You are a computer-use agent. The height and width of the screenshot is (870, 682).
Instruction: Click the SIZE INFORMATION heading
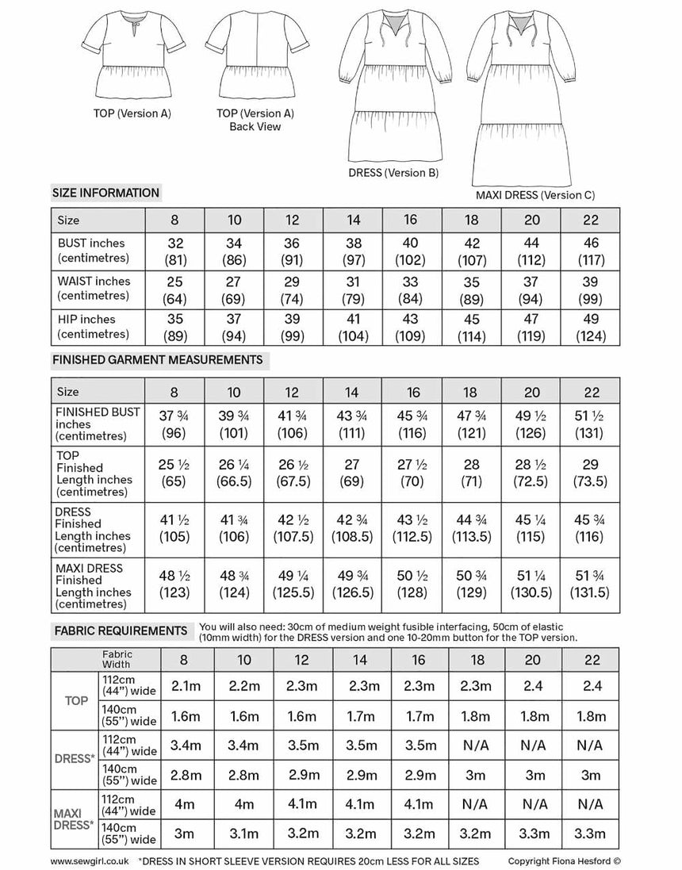pyautogui.click(x=105, y=193)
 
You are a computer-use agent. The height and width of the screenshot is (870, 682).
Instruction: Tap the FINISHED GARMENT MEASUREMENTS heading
pyautogui.click(x=157, y=360)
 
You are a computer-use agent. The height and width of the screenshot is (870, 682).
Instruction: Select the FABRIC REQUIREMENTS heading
pyautogui.click(x=119, y=630)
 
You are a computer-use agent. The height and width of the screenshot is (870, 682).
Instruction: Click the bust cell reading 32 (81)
pyautogui.click(x=174, y=250)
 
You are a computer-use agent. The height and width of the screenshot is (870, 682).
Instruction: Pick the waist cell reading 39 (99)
pyautogui.click(x=590, y=288)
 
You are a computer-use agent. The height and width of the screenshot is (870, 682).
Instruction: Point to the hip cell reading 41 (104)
pyautogui.click(x=353, y=327)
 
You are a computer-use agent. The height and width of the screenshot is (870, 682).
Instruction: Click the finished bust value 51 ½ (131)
pyautogui.click(x=590, y=424)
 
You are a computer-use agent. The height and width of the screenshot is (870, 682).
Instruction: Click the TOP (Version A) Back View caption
pyautogui.click(x=255, y=120)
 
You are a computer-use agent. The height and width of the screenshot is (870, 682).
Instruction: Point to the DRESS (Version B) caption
pyautogui.click(x=393, y=173)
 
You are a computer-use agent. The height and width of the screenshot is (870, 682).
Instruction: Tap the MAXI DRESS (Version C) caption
pyautogui.click(x=534, y=195)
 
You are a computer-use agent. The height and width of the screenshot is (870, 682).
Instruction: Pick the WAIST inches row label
pyautogui.click(x=94, y=288)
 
